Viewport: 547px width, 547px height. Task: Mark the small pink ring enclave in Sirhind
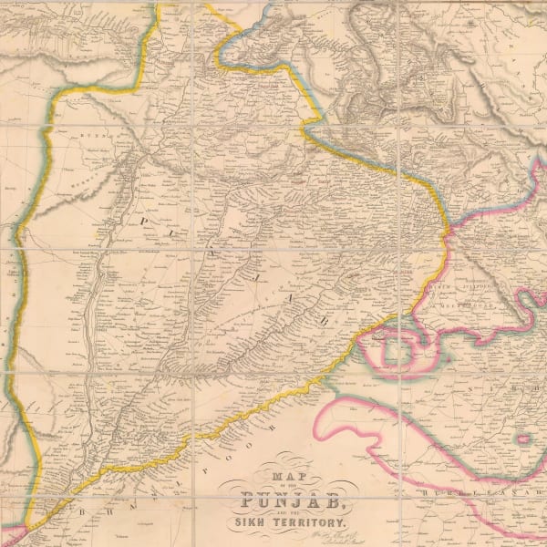(x=523, y=439)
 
